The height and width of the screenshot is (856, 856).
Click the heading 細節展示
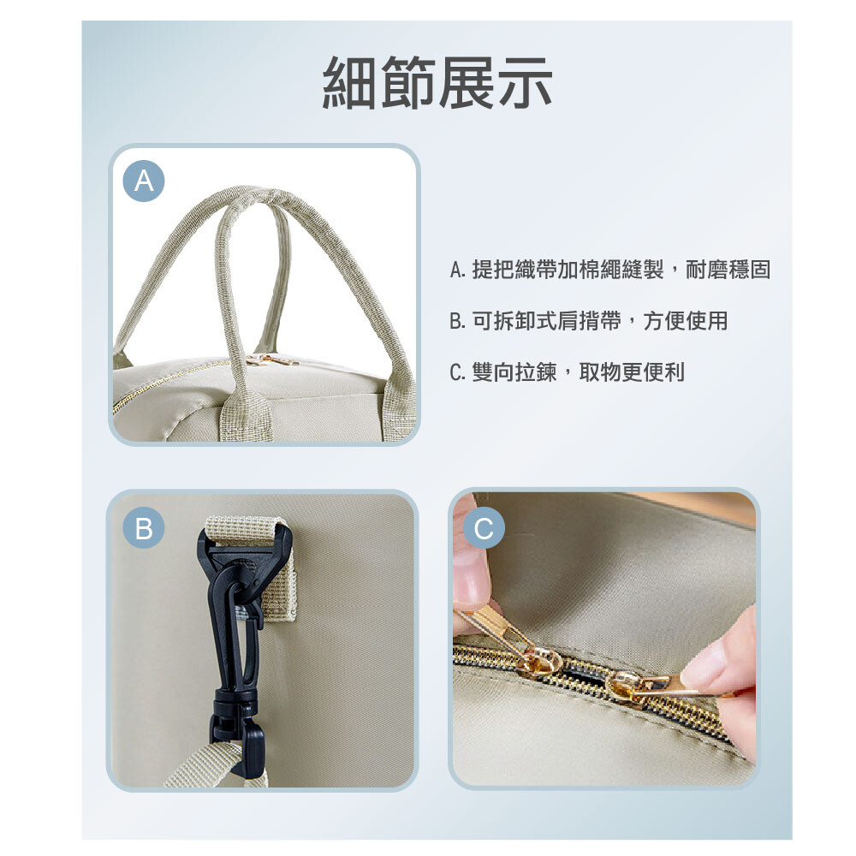point(437,83)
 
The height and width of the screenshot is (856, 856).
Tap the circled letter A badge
point(144,181)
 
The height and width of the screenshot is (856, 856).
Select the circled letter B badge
point(144,528)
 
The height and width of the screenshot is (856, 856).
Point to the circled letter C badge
point(484,528)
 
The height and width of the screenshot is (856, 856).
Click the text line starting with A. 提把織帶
point(609,270)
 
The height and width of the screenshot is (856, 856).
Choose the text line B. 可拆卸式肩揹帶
point(589,321)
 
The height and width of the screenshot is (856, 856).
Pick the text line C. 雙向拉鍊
point(568,372)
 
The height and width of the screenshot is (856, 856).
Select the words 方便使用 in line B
point(685,321)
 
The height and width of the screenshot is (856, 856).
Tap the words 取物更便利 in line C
point(632,372)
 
